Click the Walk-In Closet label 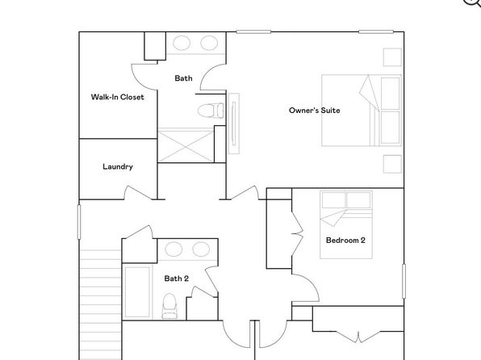(x=118, y=97)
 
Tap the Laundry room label (x=118, y=166)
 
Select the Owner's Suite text (x=315, y=110)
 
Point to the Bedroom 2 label (x=345, y=240)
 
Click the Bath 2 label (x=177, y=278)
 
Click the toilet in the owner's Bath (x=211, y=111)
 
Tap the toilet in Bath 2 (x=169, y=306)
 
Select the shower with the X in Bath (x=186, y=146)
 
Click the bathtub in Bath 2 (x=137, y=292)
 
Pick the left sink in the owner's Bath (x=182, y=43)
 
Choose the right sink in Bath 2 (x=201, y=249)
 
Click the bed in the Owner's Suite (x=362, y=111)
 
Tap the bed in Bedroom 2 (x=346, y=224)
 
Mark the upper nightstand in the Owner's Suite (x=392, y=57)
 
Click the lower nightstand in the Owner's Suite (x=392, y=164)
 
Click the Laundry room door (x=138, y=193)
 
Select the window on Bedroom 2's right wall (x=404, y=281)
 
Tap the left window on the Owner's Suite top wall (x=253, y=31)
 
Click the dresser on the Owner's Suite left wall (x=234, y=123)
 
